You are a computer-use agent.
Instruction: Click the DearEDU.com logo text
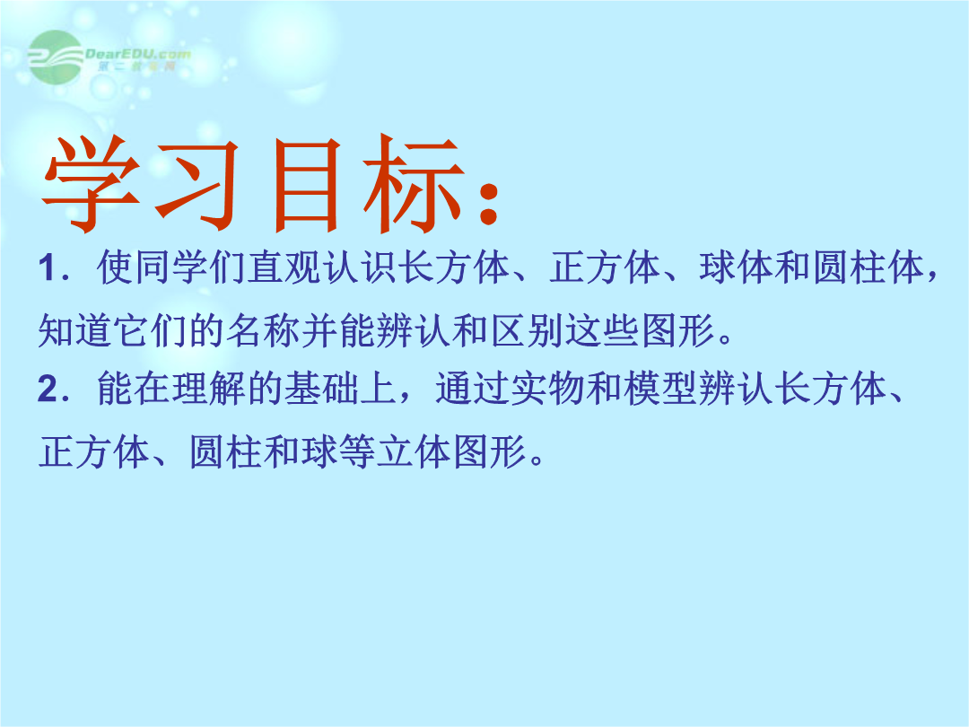point(138,55)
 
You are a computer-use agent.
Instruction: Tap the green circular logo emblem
point(56,57)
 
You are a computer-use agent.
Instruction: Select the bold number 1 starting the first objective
point(48,269)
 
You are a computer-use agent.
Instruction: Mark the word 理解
point(209,389)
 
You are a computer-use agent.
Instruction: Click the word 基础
point(322,389)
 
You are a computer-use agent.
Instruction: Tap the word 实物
point(548,389)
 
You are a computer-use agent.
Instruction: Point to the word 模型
point(660,389)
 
